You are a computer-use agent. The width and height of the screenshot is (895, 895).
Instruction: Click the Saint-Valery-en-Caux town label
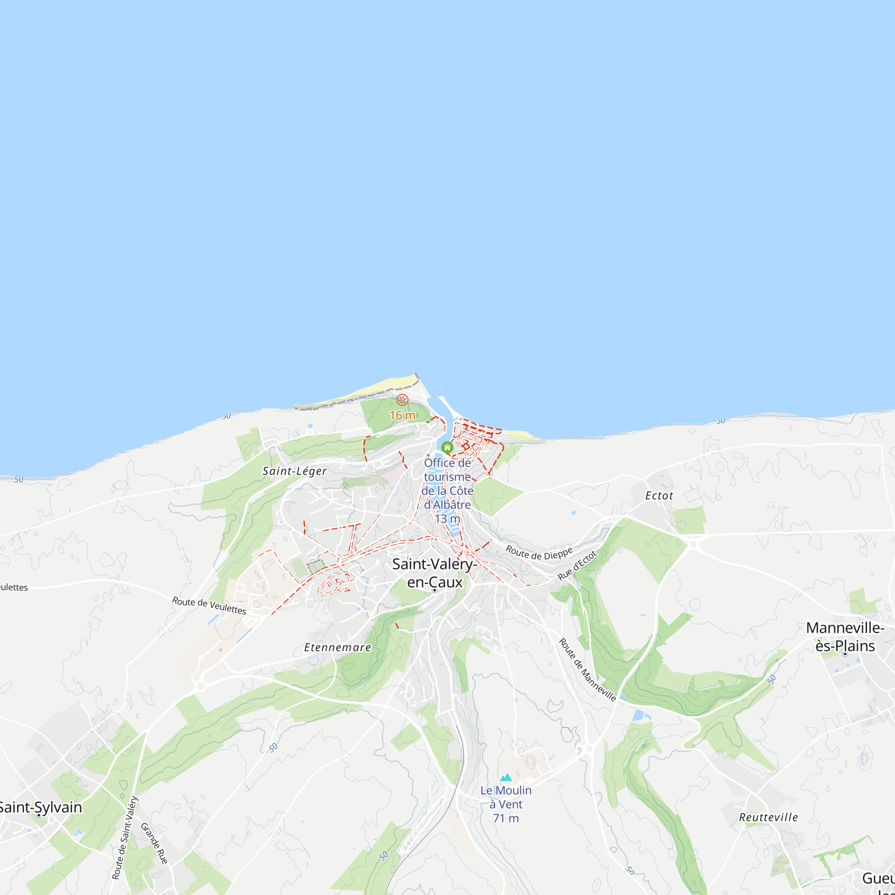434,573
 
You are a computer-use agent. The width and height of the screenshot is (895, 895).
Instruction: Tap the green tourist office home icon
447,447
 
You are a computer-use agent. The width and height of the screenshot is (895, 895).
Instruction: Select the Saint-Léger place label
294,471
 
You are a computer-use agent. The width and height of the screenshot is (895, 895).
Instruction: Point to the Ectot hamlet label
659,496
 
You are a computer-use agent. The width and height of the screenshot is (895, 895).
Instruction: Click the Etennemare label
337,648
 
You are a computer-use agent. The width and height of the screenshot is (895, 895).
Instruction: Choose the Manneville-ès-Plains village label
845,636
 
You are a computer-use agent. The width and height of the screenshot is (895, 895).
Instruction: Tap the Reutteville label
768,817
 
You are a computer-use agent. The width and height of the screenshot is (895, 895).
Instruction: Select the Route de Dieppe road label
539,553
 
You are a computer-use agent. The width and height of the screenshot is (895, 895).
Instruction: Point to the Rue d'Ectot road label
577,565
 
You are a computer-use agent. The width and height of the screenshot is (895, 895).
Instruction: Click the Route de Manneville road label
588,670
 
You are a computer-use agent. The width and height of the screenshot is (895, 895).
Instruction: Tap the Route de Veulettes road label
209,605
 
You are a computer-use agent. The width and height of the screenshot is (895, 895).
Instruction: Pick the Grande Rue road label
154,843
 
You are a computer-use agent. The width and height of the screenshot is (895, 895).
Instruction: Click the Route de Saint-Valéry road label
125,837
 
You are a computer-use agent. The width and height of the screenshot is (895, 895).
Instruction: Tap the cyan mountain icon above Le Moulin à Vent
506,777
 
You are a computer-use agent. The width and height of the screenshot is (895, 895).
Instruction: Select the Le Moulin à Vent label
506,804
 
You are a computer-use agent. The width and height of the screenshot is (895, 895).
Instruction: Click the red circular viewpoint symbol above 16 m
403,400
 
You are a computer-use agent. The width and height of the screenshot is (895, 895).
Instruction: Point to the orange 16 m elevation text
403,415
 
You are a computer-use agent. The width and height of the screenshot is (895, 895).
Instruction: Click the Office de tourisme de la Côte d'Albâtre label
447,490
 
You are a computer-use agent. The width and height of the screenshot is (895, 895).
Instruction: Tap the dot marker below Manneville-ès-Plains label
845,654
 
